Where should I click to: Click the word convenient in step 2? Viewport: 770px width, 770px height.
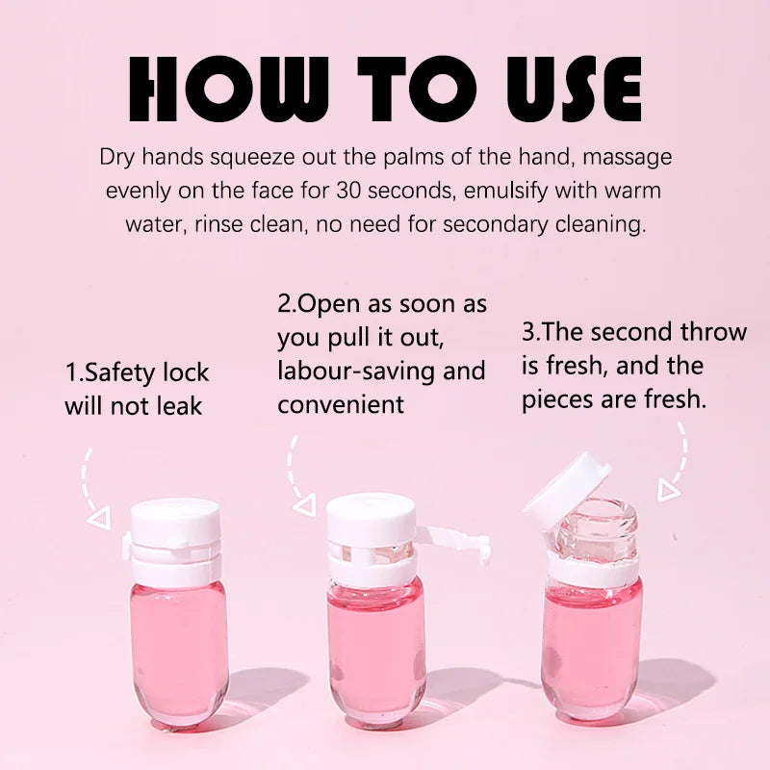point(342,404)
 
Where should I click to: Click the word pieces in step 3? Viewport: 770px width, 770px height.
point(561,399)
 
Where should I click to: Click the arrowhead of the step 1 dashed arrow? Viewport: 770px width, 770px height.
point(97,520)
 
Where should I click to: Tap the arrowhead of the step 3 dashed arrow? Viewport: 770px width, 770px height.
point(668,491)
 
